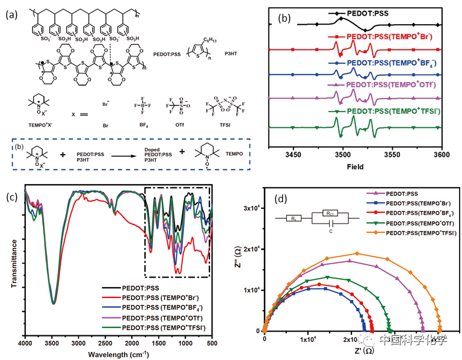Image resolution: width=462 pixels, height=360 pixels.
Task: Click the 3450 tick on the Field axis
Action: tap(294, 155)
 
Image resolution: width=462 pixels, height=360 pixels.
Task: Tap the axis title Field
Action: tap(354, 167)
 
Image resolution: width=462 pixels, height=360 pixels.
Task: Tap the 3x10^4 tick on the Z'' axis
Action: tap(250, 208)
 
